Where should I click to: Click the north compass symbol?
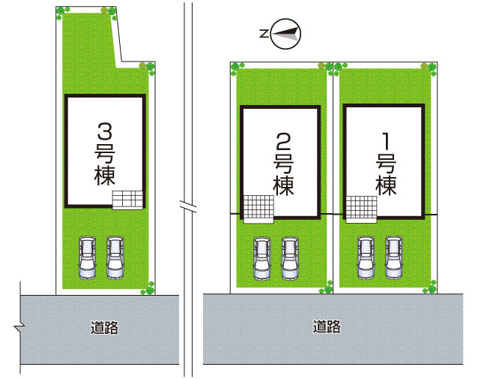coord(285,33)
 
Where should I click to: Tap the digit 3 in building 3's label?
coord(105,131)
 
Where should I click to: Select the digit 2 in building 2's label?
coord(283,141)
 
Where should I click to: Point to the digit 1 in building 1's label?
coord(387,141)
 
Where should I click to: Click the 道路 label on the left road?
coord(104,327)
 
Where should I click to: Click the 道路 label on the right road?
coord(327,326)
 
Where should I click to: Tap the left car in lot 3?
coord(87,257)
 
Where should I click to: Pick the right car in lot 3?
coord(115,257)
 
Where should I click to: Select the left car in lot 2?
coord(262,259)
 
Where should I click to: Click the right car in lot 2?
coord(290,259)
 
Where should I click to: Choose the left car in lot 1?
coord(366,258)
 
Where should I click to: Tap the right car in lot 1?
coord(393,258)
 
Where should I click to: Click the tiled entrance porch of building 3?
coord(127,200)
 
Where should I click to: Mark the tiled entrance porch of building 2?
coord(258,209)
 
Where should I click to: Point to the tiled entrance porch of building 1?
coord(361,209)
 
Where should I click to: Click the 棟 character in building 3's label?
coord(105,176)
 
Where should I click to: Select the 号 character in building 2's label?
coord(283,164)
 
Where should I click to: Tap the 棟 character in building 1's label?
coord(387,185)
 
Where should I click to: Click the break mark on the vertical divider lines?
coord(188,206)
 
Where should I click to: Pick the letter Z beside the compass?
coord(264,33)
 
